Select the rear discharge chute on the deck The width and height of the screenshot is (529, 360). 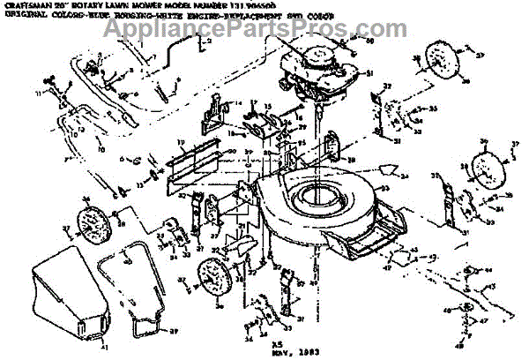coord(361,243)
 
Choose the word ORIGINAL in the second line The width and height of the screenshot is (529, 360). coord(22,15)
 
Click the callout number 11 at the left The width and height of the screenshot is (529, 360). coord(66,115)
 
